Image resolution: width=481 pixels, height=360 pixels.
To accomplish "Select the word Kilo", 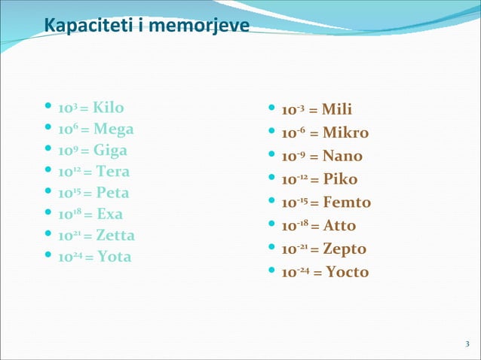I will [x=109, y=107].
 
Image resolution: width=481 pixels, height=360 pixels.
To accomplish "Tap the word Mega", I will [x=114, y=129].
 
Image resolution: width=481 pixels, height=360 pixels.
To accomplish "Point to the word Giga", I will [x=111, y=150].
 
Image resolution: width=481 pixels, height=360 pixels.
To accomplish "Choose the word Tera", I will [x=112, y=171].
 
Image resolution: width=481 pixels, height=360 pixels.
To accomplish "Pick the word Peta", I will [x=113, y=192].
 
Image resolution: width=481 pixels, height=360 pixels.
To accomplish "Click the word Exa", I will [x=109, y=214].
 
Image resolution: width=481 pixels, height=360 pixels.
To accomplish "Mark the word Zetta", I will [x=115, y=235].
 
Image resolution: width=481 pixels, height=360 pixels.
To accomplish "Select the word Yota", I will [x=115, y=257].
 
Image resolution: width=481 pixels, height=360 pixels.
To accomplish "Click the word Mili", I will [x=337, y=110].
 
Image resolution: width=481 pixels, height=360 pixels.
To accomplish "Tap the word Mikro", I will [x=345, y=133].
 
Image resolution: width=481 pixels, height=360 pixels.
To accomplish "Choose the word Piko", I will [x=341, y=179].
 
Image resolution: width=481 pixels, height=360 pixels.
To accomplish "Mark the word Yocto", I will [x=348, y=272].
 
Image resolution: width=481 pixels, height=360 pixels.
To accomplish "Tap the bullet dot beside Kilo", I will [x=49, y=107].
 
